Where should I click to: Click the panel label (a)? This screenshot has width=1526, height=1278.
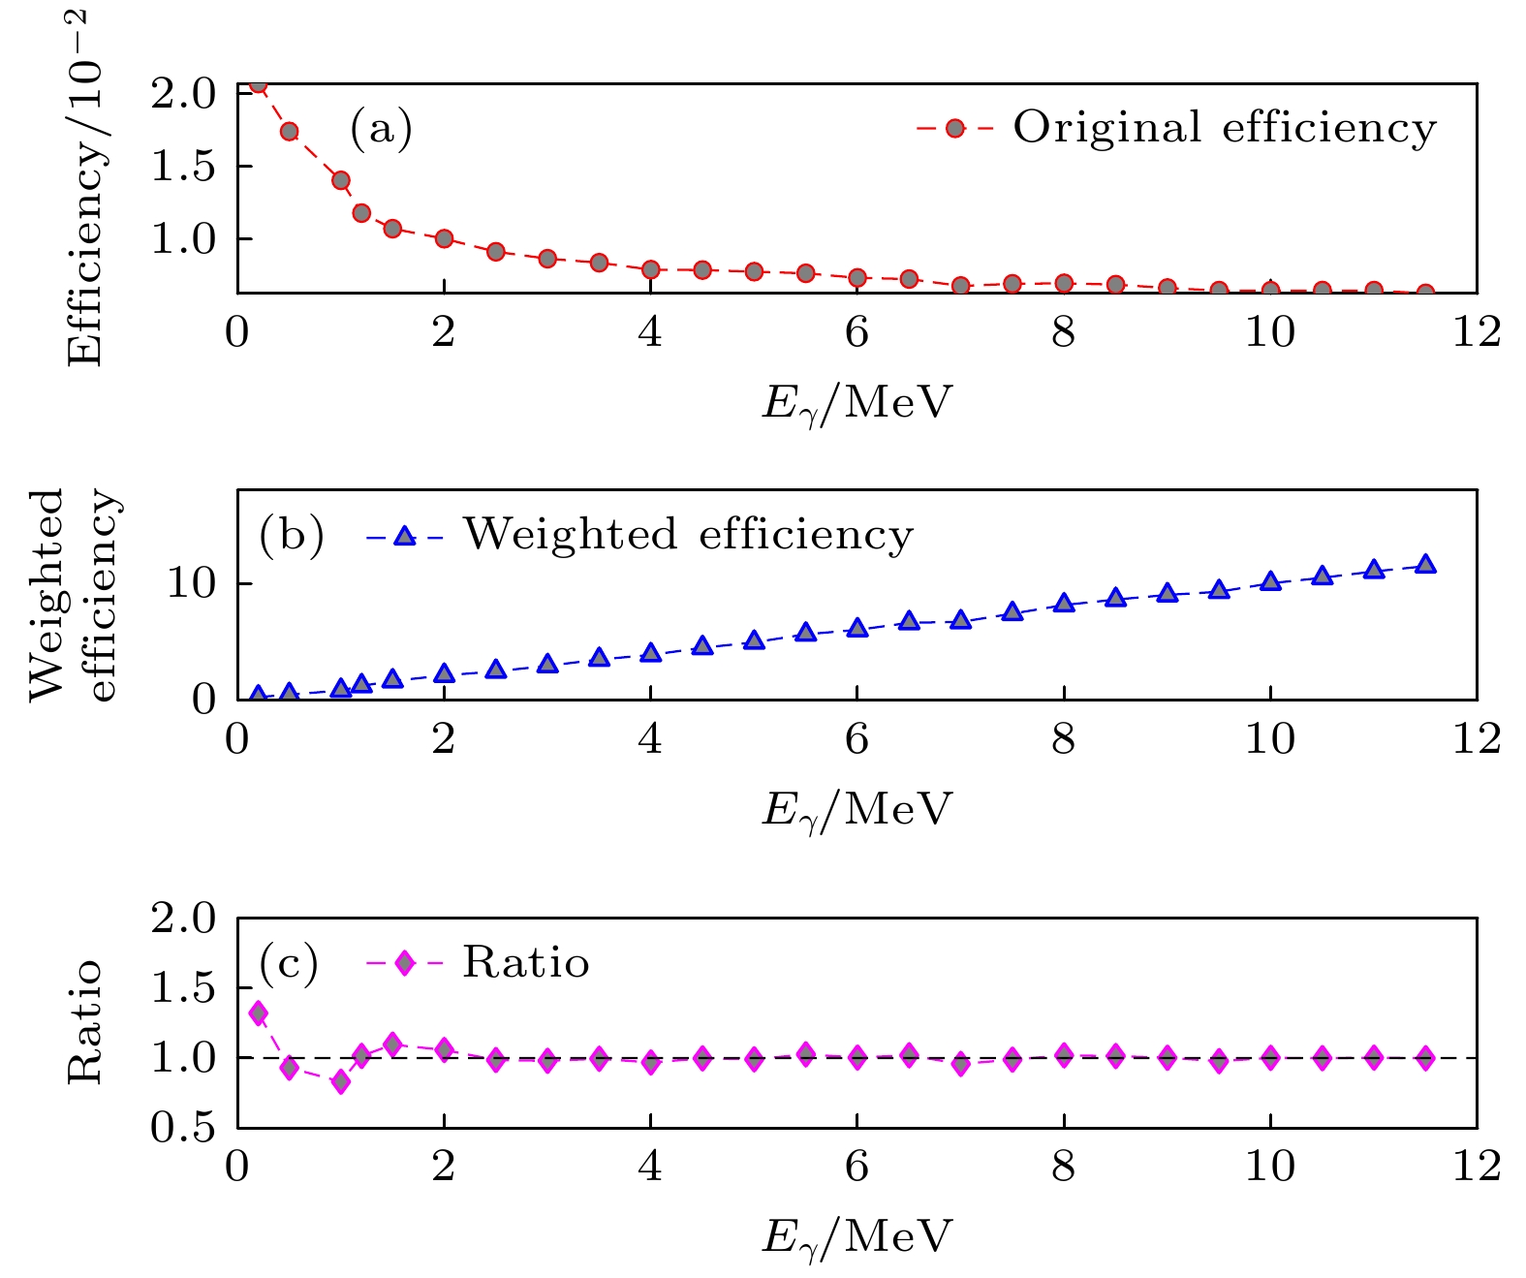pyautogui.click(x=381, y=129)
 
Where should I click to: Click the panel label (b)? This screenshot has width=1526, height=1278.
pyautogui.click(x=291, y=536)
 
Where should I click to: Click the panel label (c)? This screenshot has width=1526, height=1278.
pyautogui.click(x=289, y=963)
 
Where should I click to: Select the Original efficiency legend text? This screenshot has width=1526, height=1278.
pyautogui.click(x=1225, y=128)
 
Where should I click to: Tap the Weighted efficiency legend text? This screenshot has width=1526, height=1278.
pyautogui.click(x=688, y=535)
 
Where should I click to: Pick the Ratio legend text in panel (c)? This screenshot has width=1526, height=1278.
pyautogui.click(x=525, y=963)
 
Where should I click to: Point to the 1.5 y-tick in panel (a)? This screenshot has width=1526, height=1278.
pyautogui.click(x=182, y=167)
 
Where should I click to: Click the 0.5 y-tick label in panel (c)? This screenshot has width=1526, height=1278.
pyautogui.click(x=182, y=1128)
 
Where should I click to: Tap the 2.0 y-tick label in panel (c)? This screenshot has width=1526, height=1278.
pyautogui.click(x=182, y=919)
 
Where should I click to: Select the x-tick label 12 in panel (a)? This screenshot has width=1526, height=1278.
pyautogui.click(x=1476, y=332)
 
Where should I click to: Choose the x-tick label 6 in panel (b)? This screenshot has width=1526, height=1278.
pyautogui.click(x=856, y=739)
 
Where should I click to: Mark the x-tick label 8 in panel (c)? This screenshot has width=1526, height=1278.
pyautogui.click(x=1063, y=1167)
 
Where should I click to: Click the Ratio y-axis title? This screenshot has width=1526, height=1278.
pyautogui.click(x=85, y=1022)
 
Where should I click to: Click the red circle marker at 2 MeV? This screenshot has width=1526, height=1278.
pyautogui.click(x=444, y=238)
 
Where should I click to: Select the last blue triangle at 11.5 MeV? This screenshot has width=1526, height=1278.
pyautogui.click(x=1424, y=565)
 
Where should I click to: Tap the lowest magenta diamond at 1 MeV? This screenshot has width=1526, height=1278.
pyautogui.click(x=340, y=1081)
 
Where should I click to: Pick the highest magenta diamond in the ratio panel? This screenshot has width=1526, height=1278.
pyautogui.click(x=258, y=1013)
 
